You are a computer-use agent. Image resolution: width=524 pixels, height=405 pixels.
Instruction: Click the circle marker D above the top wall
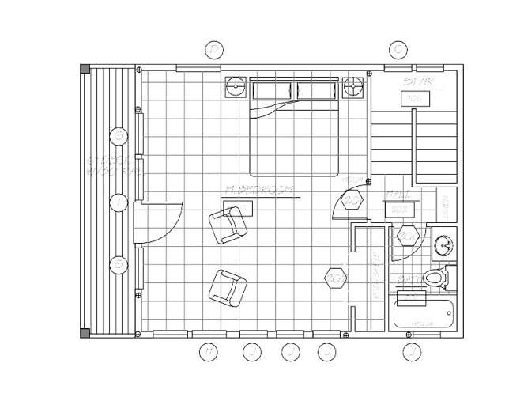(213, 50)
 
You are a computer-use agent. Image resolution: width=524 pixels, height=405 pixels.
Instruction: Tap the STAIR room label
(416, 82)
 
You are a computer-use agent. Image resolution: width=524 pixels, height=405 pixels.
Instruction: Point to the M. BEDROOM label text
(259, 190)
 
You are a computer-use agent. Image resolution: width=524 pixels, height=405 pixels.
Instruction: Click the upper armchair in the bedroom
(228, 227)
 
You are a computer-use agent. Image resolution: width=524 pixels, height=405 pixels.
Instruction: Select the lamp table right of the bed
(353, 85)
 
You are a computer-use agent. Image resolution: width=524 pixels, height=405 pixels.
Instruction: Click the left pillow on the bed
(273, 90)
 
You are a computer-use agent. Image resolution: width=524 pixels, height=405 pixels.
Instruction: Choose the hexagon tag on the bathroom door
(409, 235)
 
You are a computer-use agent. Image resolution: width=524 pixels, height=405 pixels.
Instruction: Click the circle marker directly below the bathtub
(410, 352)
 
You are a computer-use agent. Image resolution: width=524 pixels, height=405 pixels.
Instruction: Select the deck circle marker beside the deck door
(119, 203)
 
